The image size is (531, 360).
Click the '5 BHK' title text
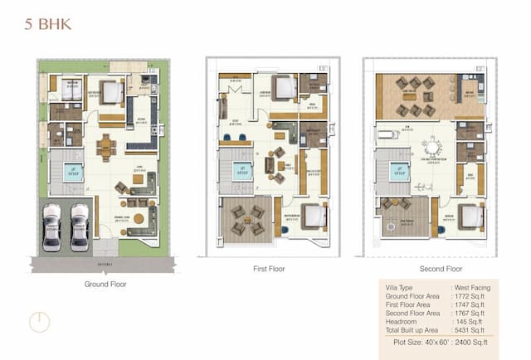point(49,24)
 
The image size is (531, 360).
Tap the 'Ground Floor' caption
point(105,284)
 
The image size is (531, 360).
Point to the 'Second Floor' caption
point(431,270)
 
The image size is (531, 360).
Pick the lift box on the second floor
point(399,172)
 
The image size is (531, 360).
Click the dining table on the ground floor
point(105,148)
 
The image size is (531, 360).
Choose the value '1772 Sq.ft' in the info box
point(471,295)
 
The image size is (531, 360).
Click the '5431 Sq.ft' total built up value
point(471,329)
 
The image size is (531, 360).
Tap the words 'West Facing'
point(474,287)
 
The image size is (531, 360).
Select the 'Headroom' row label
point(402,321)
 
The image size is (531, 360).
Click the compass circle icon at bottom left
point(39,322)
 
